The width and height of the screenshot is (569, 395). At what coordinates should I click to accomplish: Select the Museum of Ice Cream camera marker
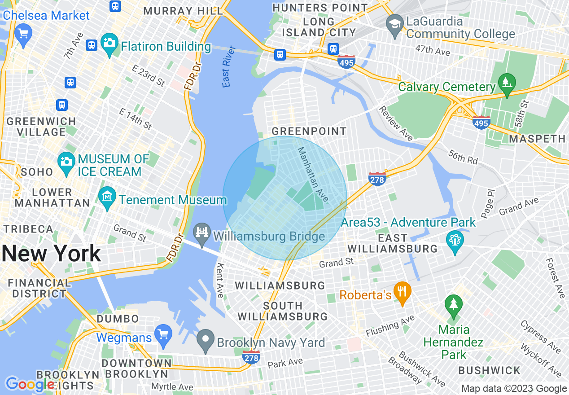coord(66,160)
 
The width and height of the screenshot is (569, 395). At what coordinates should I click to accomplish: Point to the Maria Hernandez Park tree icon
coord(454,305)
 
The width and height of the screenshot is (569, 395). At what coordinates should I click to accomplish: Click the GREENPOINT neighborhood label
coord(309,131)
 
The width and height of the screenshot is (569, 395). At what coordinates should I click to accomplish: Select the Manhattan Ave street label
coord(313,174)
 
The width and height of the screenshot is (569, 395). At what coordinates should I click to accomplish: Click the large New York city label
coord(51,254)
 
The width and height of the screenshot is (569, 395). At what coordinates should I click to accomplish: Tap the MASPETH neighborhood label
coord(537,139)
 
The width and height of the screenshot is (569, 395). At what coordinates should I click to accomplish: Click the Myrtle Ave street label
coord(172,387)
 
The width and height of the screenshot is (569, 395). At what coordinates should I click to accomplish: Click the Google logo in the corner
coord(30,384)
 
